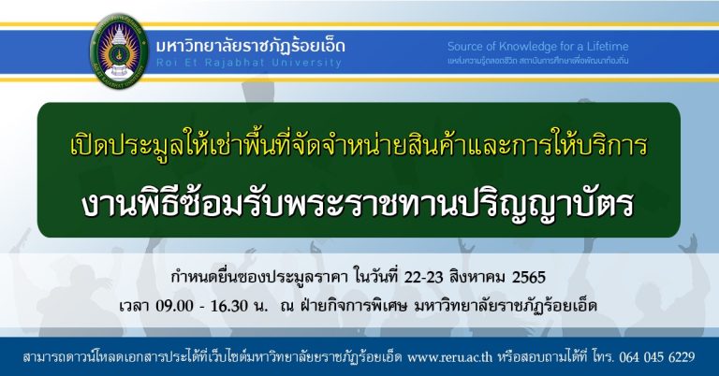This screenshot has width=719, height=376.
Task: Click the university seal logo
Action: coord(119,51)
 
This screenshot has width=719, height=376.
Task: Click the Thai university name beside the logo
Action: coord(250,46)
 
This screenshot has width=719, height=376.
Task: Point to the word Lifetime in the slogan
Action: coord(607,46)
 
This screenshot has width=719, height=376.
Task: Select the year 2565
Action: coord(528,277)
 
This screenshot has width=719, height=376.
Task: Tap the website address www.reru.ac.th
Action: coord(449,356)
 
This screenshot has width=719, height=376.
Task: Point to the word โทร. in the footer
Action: coord(603,356)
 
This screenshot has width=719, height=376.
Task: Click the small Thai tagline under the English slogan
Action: coord(538,61)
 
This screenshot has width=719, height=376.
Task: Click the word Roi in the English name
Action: coord(166,63)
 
